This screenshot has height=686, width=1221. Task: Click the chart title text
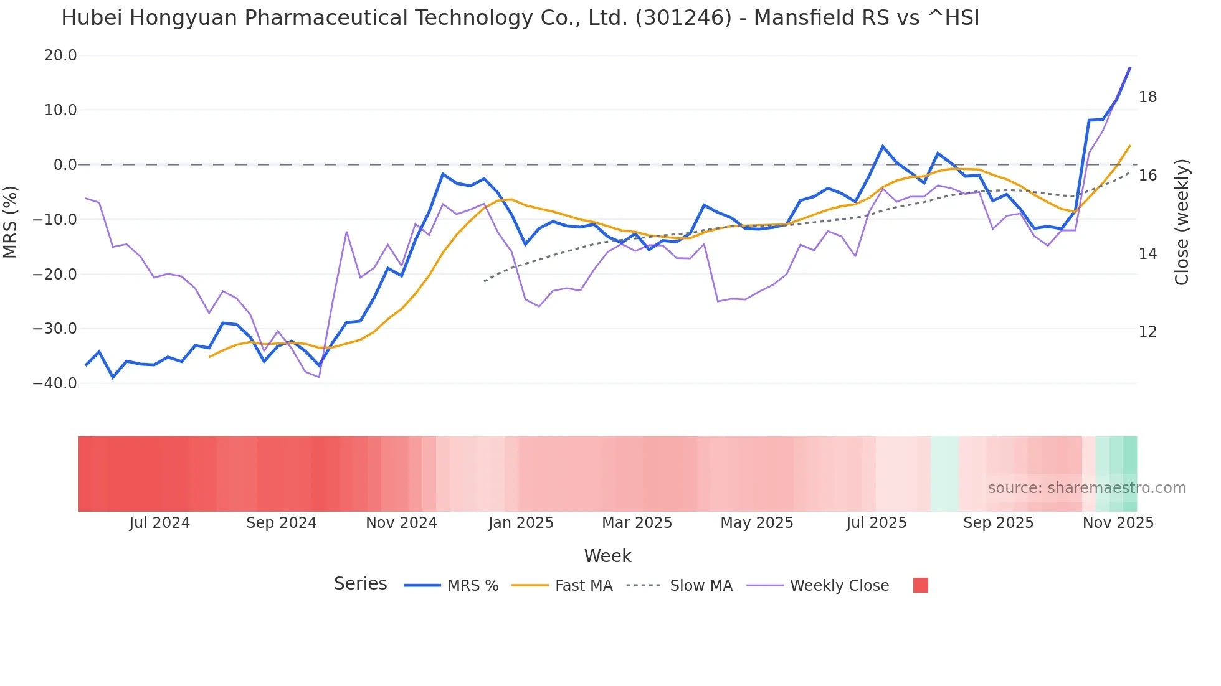tap(520, 18)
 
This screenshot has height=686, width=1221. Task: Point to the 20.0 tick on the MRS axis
tap(60, 55)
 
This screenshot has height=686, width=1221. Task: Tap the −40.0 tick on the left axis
tap(55, 383)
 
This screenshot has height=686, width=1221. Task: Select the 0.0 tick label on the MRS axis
tap(65, 165)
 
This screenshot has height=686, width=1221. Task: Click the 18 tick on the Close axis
tap(1147, 97)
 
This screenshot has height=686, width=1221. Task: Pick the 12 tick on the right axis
tap(1147, 332)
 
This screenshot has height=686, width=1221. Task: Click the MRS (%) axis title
tap(11, 222)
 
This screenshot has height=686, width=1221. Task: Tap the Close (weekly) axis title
tap(1181, 222)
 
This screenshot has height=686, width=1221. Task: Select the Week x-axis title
tap(607, 556)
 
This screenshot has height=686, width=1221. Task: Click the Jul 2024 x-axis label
tap(159, 523)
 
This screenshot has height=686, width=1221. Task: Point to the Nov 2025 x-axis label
tap(1118, 523)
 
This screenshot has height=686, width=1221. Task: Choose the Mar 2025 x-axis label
tap(637, 523)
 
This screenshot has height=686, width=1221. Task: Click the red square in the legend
tap(920, 585)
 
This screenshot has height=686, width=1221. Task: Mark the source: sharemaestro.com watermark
tap(1086, 488)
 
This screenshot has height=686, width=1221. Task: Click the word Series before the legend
tap(360, 584)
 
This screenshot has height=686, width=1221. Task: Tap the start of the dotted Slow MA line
tap(485, 281)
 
